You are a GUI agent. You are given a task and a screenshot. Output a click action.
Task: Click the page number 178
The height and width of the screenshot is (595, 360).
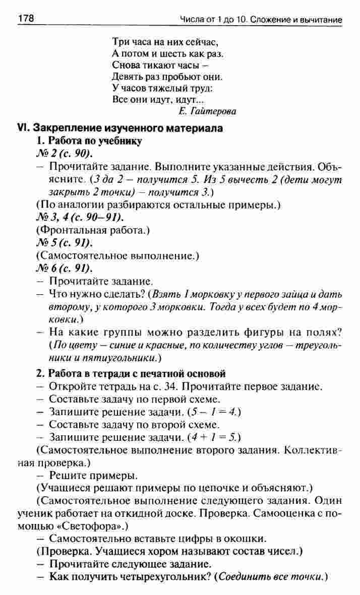click(x=26, y=19)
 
